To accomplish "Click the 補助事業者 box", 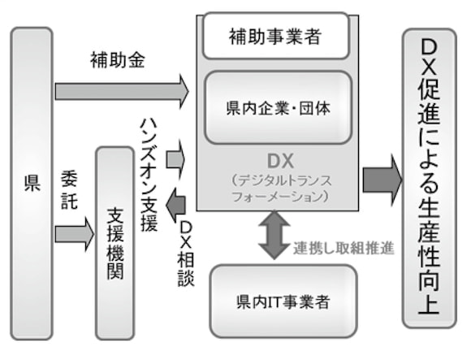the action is (276, 36).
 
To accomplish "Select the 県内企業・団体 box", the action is (279, 107).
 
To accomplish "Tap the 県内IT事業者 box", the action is (283, 301).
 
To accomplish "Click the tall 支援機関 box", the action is (115, 244).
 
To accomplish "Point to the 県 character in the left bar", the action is (32, 184).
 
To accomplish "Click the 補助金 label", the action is (118, 60).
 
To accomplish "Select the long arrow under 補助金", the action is (122, 91).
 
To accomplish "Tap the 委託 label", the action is (69, 190).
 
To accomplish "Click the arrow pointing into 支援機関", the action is (75, 234).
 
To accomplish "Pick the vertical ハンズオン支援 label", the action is (149, 176).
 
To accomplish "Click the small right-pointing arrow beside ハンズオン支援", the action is (175, 159).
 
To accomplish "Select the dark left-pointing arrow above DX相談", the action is (176, 206).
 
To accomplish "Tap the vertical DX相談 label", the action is (186, 254).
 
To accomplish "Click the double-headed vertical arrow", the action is (274, 235).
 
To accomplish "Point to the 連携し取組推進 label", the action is (344, 248).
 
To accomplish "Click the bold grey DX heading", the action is (280, 161).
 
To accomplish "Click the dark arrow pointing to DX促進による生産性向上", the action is (382, 180).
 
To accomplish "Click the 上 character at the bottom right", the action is (429, 304).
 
